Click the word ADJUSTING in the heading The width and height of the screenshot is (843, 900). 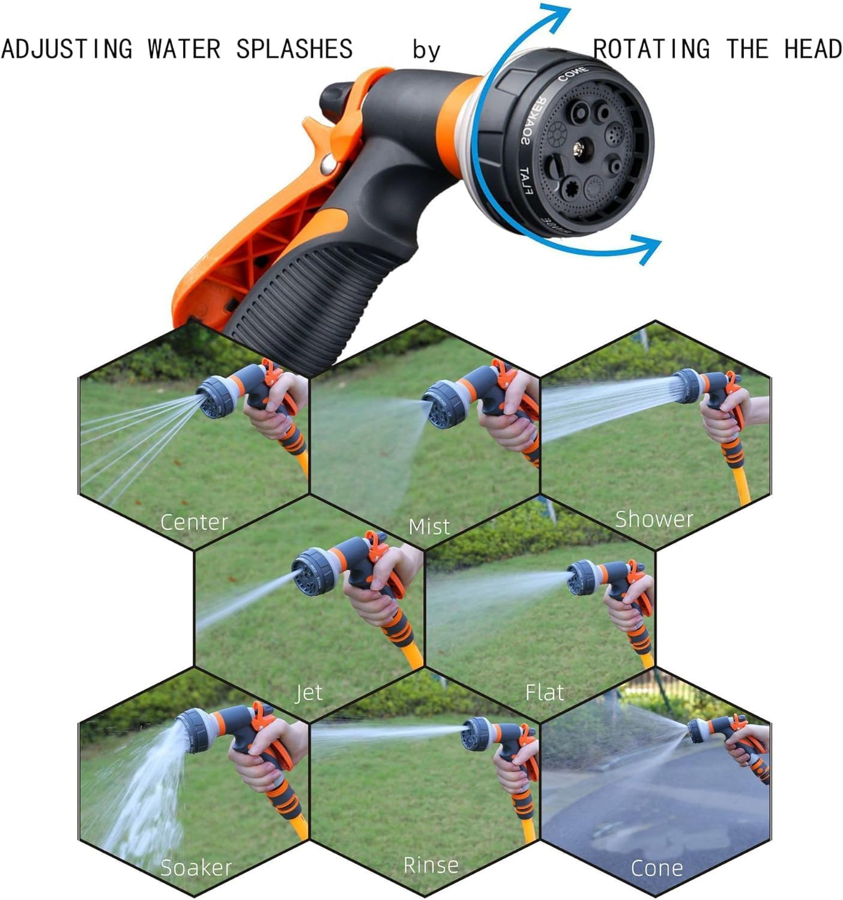point(67,49)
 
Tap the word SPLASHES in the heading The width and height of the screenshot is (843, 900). point(294,49)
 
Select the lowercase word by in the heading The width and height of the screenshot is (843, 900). point(426,50)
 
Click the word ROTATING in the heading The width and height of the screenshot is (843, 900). point(651,49)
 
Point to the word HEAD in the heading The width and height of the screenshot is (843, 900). point(813,49)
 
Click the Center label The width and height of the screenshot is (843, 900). point(194,522)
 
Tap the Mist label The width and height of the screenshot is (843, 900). point(429,527)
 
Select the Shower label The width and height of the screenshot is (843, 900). point(654,519)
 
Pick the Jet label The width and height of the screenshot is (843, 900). point(309,693)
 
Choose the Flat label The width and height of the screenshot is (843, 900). point(545,693)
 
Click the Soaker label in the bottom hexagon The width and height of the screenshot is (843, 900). point(196,868)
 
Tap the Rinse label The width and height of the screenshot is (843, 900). point(431,865)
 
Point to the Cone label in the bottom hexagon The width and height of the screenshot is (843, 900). point(657,868)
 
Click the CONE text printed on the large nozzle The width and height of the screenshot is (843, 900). point(573,74)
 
